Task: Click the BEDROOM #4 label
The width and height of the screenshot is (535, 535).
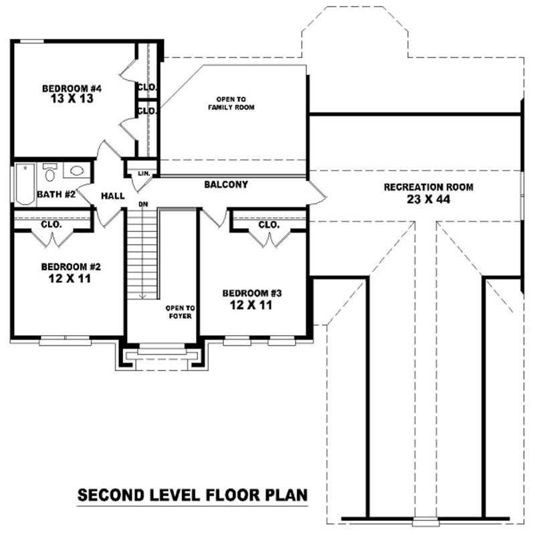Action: click(x=72, y=88)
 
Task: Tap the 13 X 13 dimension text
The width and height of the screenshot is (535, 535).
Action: click(x=72, y=99)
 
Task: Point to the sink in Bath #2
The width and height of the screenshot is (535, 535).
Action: click(x=75, y=171)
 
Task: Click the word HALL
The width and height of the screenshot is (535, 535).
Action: click(x=112, y=196)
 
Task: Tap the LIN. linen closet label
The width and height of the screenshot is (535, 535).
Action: click(x=143, y=173)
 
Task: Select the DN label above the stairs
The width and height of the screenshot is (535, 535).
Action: click(x=143, y=204)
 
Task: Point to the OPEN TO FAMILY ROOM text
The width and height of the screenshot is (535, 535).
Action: click(x=231, y=103)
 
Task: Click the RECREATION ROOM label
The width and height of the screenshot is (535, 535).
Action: click(x=428, y=187)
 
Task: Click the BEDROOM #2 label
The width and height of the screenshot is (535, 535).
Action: click(x=71, y=266)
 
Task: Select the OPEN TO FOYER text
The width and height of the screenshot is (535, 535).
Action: click(x=180, y=312)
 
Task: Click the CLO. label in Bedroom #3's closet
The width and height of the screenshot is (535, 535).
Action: click(x=268, y=225)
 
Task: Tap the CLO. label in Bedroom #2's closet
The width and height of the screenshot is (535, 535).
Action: click(x=51, y=225)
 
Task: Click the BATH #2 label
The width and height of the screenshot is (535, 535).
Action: click(x=56, y=195)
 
